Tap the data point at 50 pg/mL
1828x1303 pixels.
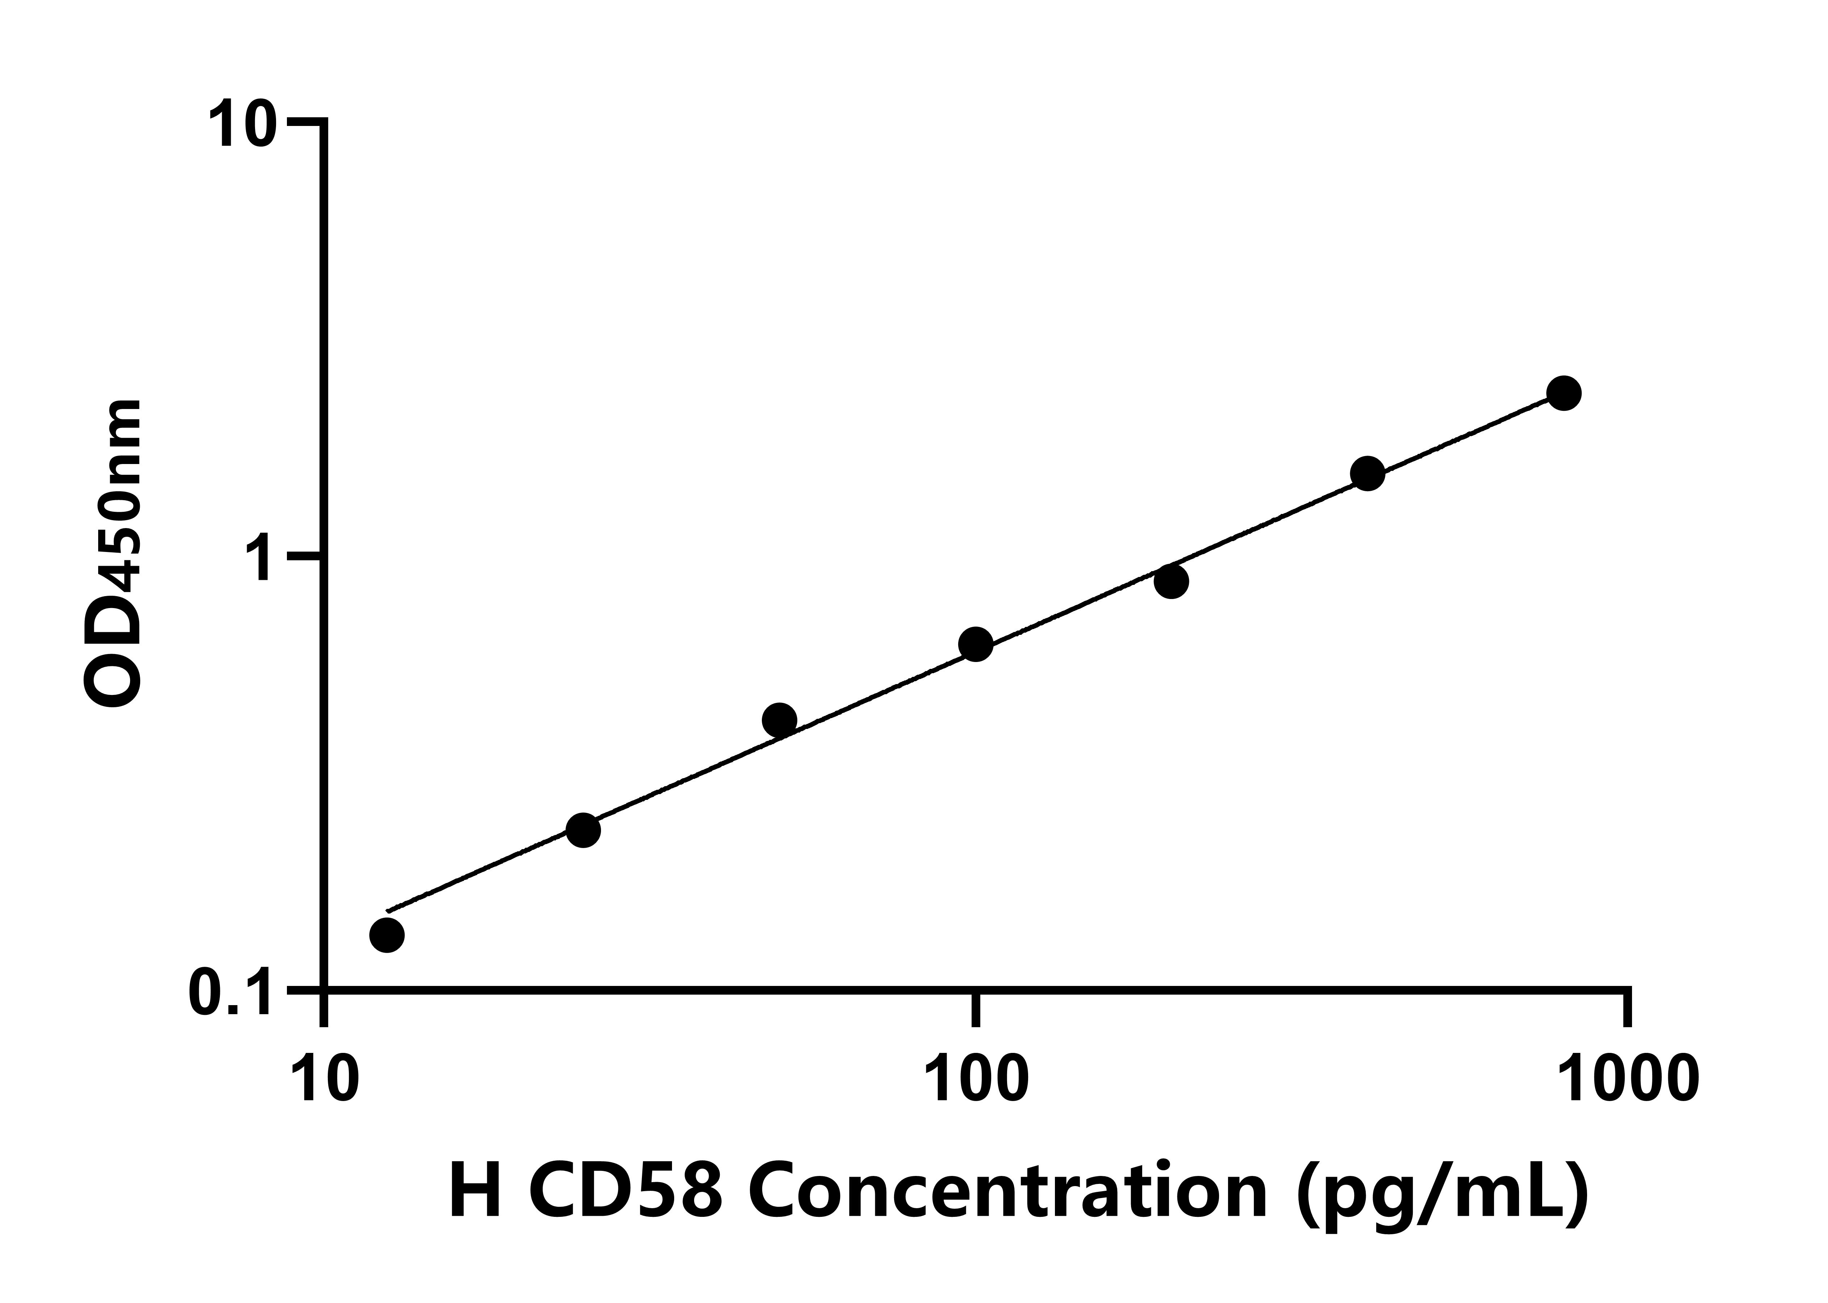pos(779,721)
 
